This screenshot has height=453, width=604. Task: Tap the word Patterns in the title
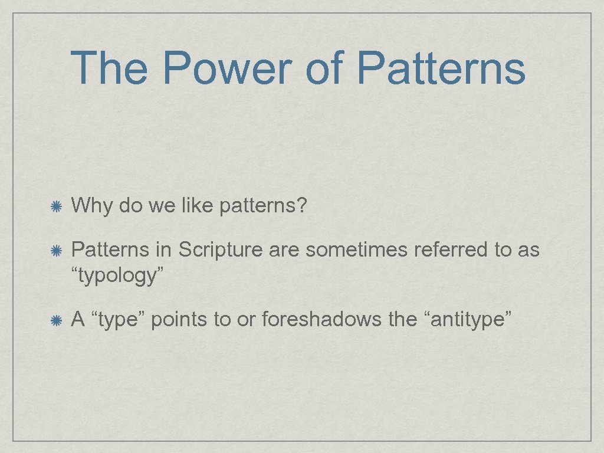[x=441, y=68]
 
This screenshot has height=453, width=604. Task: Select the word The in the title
[x=109, y=68]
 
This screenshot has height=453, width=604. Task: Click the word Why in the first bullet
[x=92, y=206]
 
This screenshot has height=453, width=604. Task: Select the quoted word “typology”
[x=117, y=275]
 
